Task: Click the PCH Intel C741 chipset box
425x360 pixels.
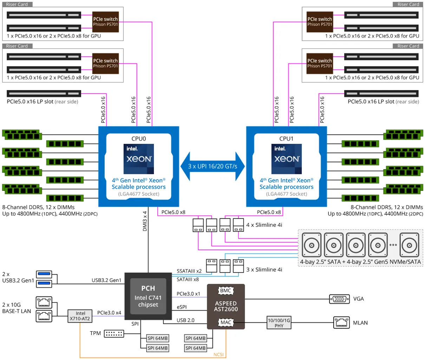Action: pos(148,297)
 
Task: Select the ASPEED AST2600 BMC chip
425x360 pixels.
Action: pos(226,306)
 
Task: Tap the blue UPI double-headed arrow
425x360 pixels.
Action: pos(212,166)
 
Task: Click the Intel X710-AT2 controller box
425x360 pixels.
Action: pos(80,316)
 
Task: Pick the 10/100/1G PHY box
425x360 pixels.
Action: pos(279,323)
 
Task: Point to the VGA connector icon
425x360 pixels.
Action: pos(339,299)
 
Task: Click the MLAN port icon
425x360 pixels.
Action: pos(341,323)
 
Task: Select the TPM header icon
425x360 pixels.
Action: pos(114,333)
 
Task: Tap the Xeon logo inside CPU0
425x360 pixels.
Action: pos(139,159)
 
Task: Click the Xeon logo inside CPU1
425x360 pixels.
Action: pos(287,159)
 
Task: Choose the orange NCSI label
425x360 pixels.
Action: pos(218,354)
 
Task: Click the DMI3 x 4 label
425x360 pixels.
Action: pos(145,221)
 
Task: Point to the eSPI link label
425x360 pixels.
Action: pos(182,307)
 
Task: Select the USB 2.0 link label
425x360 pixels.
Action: pos(185,320)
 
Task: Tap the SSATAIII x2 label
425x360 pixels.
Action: pos(189,271)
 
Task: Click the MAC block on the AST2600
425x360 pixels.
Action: pos(225,322)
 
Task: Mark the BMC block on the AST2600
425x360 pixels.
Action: pos(225,291)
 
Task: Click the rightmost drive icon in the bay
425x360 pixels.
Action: pos(410,245)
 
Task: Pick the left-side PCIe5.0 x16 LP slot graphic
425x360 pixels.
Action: pos(44,94)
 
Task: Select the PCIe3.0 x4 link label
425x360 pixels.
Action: pos(109,313)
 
